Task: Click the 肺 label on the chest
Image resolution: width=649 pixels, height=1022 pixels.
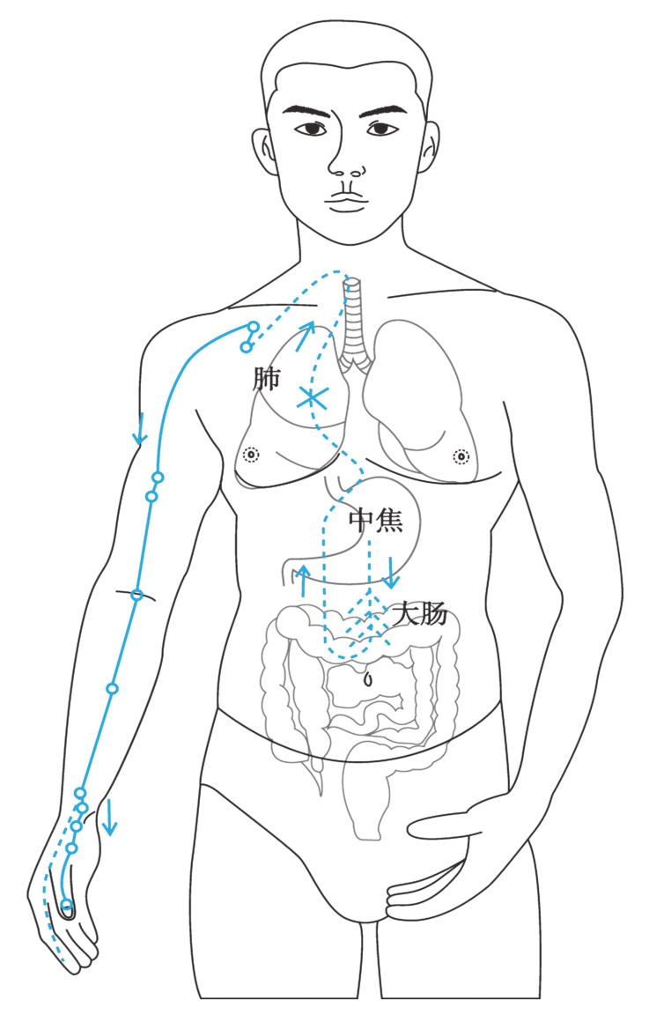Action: [x=266, y=380]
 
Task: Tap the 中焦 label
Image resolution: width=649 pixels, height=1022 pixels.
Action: [x=376, y=521]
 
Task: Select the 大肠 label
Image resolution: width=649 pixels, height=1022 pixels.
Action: [x=420, y=614]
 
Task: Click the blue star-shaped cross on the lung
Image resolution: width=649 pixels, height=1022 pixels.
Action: [x=311, y=398]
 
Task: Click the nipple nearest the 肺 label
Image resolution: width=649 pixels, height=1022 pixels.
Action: [x=251, y=455]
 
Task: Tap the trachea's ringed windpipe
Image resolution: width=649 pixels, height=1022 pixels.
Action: [x=352, y=326]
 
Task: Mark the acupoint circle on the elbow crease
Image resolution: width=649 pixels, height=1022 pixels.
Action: [x=136, y=595]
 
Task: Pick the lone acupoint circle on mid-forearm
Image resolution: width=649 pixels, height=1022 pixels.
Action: [x=112, y=688]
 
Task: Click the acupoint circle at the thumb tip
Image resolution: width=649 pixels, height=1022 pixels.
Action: [x=68, y=906]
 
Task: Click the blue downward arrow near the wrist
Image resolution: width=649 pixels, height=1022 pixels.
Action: [x=109, y=818]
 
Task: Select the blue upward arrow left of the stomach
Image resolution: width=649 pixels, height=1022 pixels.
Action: [x=304, y=580]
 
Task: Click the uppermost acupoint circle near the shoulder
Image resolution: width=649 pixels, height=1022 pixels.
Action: [x=253, y=328]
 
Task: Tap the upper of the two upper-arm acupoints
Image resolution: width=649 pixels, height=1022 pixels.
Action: [x=158, y=478]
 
